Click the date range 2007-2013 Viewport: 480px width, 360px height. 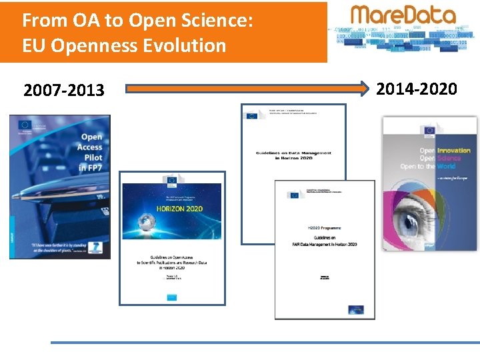tap(64, 90)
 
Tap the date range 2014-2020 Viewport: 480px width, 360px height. tap(417, 89)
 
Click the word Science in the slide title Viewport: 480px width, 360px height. tap(213, 20)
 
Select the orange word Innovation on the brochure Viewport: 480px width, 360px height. tap(454, 151)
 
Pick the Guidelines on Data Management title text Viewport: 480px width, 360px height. tap(293, 155)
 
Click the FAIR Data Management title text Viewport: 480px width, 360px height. tap(325, 245)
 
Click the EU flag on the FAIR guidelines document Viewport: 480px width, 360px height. tap(294, 195)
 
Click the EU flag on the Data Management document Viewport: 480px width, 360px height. tap(251, 115)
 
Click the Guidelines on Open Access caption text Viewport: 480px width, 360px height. tap(172, 263)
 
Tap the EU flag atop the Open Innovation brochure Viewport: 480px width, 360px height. tap(429, 130)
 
